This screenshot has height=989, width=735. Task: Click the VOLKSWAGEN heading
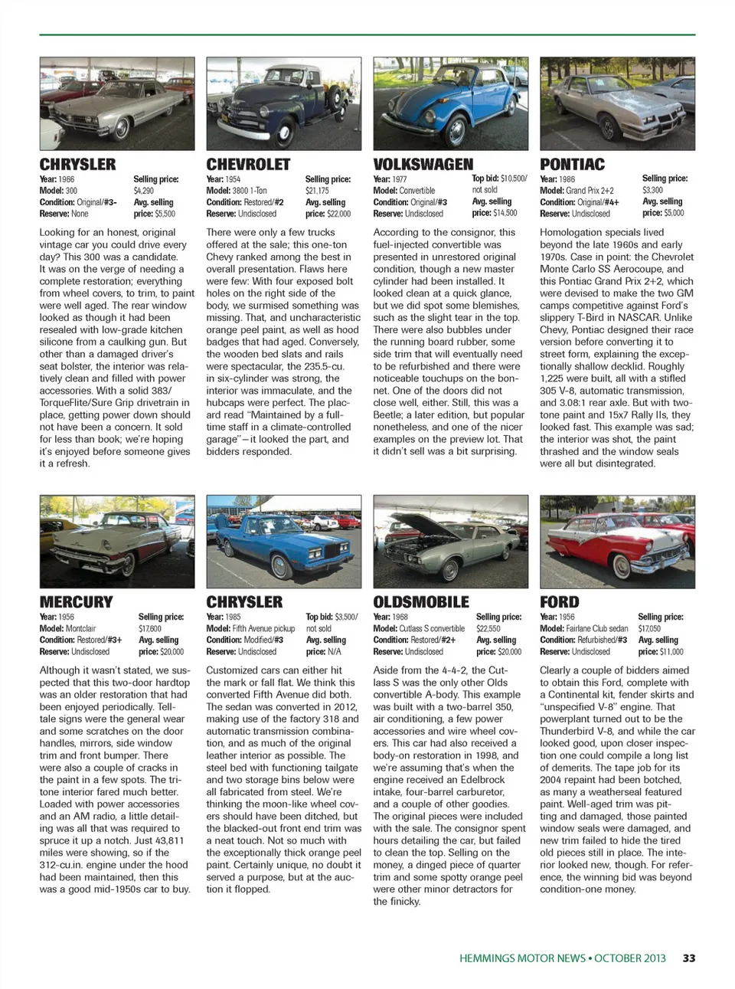[423, 164]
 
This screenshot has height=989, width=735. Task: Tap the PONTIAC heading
[572, 164]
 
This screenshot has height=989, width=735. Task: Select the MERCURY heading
[76, 602]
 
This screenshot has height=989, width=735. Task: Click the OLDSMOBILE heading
[421, 602]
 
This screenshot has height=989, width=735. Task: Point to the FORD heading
[559, 602]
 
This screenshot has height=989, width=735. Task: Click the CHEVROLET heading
[248, 164]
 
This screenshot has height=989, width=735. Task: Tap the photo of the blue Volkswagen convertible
[450, 103]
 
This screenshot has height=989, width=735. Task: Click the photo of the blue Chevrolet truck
[283, 103]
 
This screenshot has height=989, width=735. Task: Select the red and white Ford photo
[617, 542]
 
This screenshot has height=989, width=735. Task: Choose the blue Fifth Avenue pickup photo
[283, 542]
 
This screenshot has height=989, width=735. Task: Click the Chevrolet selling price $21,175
[317, 191]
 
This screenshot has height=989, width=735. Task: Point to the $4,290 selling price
[143, 191]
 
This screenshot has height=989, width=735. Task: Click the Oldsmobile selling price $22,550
[488, 628]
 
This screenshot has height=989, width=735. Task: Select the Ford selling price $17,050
[649, 628]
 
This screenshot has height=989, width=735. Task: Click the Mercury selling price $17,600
[149, 628]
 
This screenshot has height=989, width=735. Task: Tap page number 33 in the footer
[689, 958]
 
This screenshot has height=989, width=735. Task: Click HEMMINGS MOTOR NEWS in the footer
[522, 958]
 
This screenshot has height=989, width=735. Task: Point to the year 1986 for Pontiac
[567, 179]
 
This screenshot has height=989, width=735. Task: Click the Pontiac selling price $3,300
[652, 190]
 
